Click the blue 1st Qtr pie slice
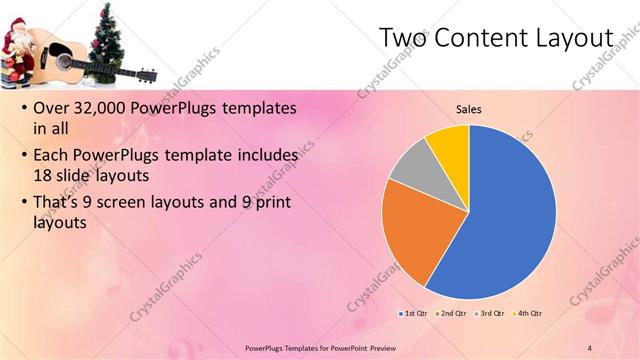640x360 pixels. pos(510,220)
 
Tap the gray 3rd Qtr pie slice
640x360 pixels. pos(410,165)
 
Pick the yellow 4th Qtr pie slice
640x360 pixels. pos(450,145)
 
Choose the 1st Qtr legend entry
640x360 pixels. pos(414,314)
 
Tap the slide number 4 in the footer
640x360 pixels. pos(589,347)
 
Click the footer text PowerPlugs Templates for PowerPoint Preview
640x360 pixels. pos(319,347)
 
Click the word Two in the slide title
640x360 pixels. pos(404,37)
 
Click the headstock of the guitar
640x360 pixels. pos(144,74)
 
